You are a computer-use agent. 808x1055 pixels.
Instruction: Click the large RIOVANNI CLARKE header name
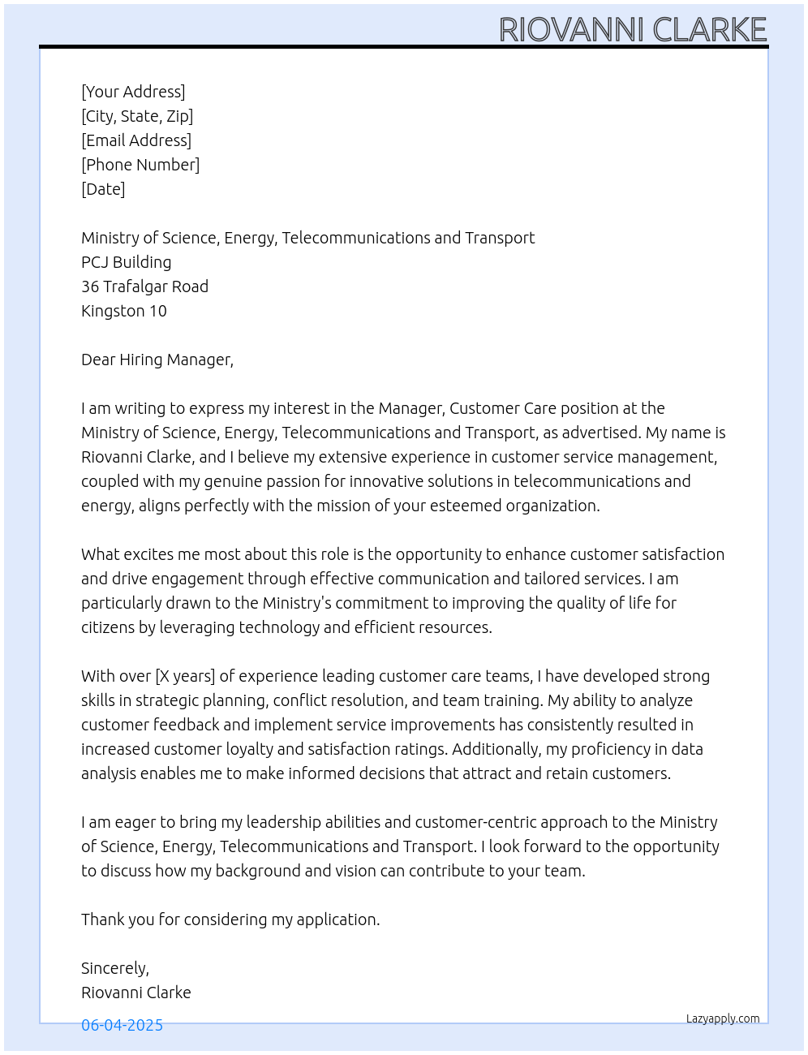[633, 29]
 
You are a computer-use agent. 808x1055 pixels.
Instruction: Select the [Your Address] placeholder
[133, 92]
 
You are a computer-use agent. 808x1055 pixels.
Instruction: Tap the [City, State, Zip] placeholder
[137, 116]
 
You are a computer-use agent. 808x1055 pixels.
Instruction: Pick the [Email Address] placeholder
[136, 140]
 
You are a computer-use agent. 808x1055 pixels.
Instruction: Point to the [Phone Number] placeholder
[140, 165]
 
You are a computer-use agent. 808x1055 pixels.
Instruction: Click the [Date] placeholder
[103, 189]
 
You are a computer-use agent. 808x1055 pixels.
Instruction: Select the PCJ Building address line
[127, 262]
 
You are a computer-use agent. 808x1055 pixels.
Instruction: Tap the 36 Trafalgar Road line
[144, 286]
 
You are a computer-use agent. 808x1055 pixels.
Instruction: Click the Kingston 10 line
[124, 311]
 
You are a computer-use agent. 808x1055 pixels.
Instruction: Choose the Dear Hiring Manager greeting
[157, 360]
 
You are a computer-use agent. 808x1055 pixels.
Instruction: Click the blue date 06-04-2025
[122, 1025]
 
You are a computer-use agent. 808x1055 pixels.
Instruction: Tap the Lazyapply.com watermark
[723, 1018]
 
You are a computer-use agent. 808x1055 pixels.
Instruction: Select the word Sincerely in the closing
[114, 968]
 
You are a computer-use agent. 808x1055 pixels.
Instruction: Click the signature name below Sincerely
[136, 993]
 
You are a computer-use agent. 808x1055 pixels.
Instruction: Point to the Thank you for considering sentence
[230, 919]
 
